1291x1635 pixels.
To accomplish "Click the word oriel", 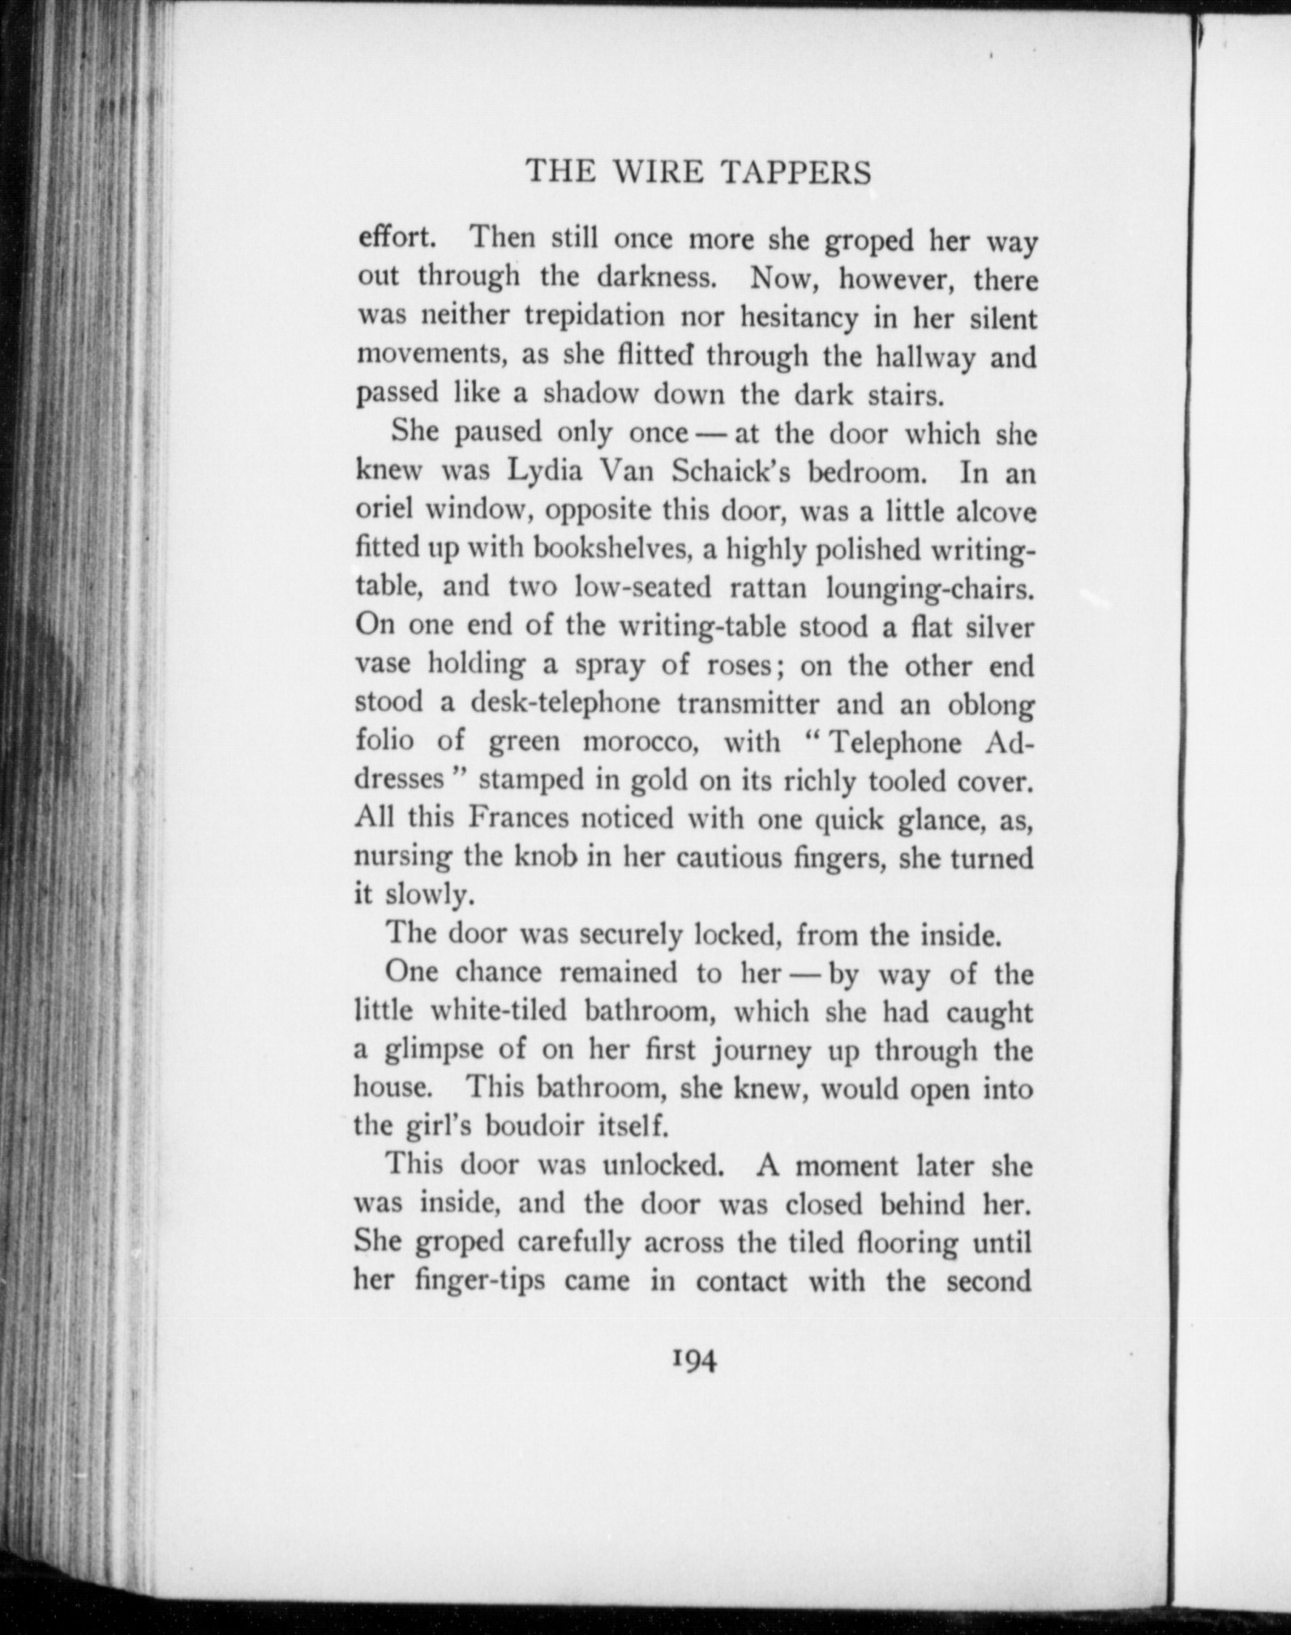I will (x=383, y=510).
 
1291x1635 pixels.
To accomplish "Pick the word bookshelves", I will (x=611, y=549).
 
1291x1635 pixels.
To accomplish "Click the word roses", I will (x=739, y=665).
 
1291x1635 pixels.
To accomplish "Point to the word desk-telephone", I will (x=565, y=702).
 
